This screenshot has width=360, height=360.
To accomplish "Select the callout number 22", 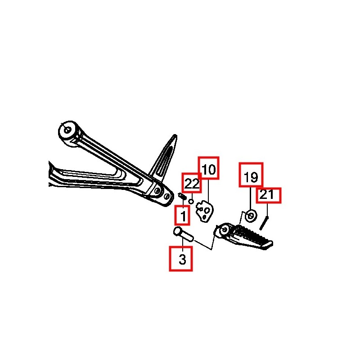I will [192, 183].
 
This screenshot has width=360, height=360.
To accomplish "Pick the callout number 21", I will [267, 194].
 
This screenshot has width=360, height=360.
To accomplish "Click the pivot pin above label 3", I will [183, 234].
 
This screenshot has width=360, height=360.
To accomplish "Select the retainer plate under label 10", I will [205, 212].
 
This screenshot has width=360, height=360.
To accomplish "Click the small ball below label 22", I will [191, 202].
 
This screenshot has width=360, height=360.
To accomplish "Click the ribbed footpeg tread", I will [250, 236].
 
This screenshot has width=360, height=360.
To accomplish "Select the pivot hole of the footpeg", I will [225, 230].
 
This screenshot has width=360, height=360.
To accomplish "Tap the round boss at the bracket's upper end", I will [68, 130].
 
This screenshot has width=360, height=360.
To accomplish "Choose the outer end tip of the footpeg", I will [270, 244].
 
